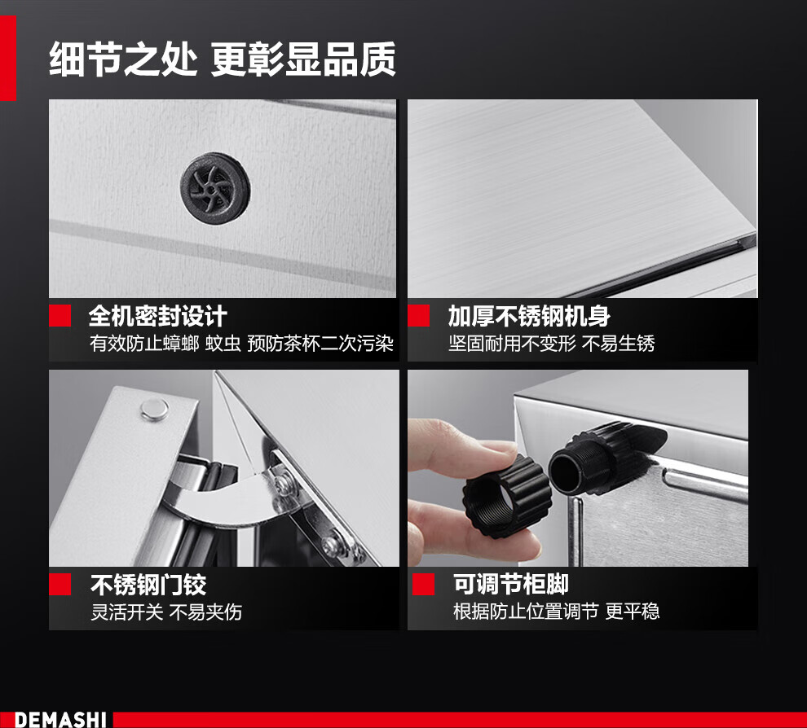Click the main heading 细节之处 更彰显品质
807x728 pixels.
223,59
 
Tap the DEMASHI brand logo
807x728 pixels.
60,719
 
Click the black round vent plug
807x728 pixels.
215,187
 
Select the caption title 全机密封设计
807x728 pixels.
157,316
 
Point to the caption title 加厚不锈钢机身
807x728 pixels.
529,316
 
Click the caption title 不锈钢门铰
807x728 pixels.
148,585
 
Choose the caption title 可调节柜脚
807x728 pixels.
510,584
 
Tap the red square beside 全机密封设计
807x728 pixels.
60,316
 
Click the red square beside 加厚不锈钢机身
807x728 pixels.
418,316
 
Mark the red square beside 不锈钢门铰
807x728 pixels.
60,585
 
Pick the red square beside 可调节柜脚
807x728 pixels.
424,585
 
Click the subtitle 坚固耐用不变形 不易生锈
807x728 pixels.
551,344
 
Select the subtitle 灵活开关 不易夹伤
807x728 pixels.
166,612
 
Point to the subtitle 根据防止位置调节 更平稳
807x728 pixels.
556,612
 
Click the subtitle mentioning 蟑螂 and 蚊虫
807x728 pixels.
241,344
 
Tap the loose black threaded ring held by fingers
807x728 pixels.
507,496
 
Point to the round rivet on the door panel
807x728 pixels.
154,410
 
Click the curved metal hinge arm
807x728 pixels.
224,502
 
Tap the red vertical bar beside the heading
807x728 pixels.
8,58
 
